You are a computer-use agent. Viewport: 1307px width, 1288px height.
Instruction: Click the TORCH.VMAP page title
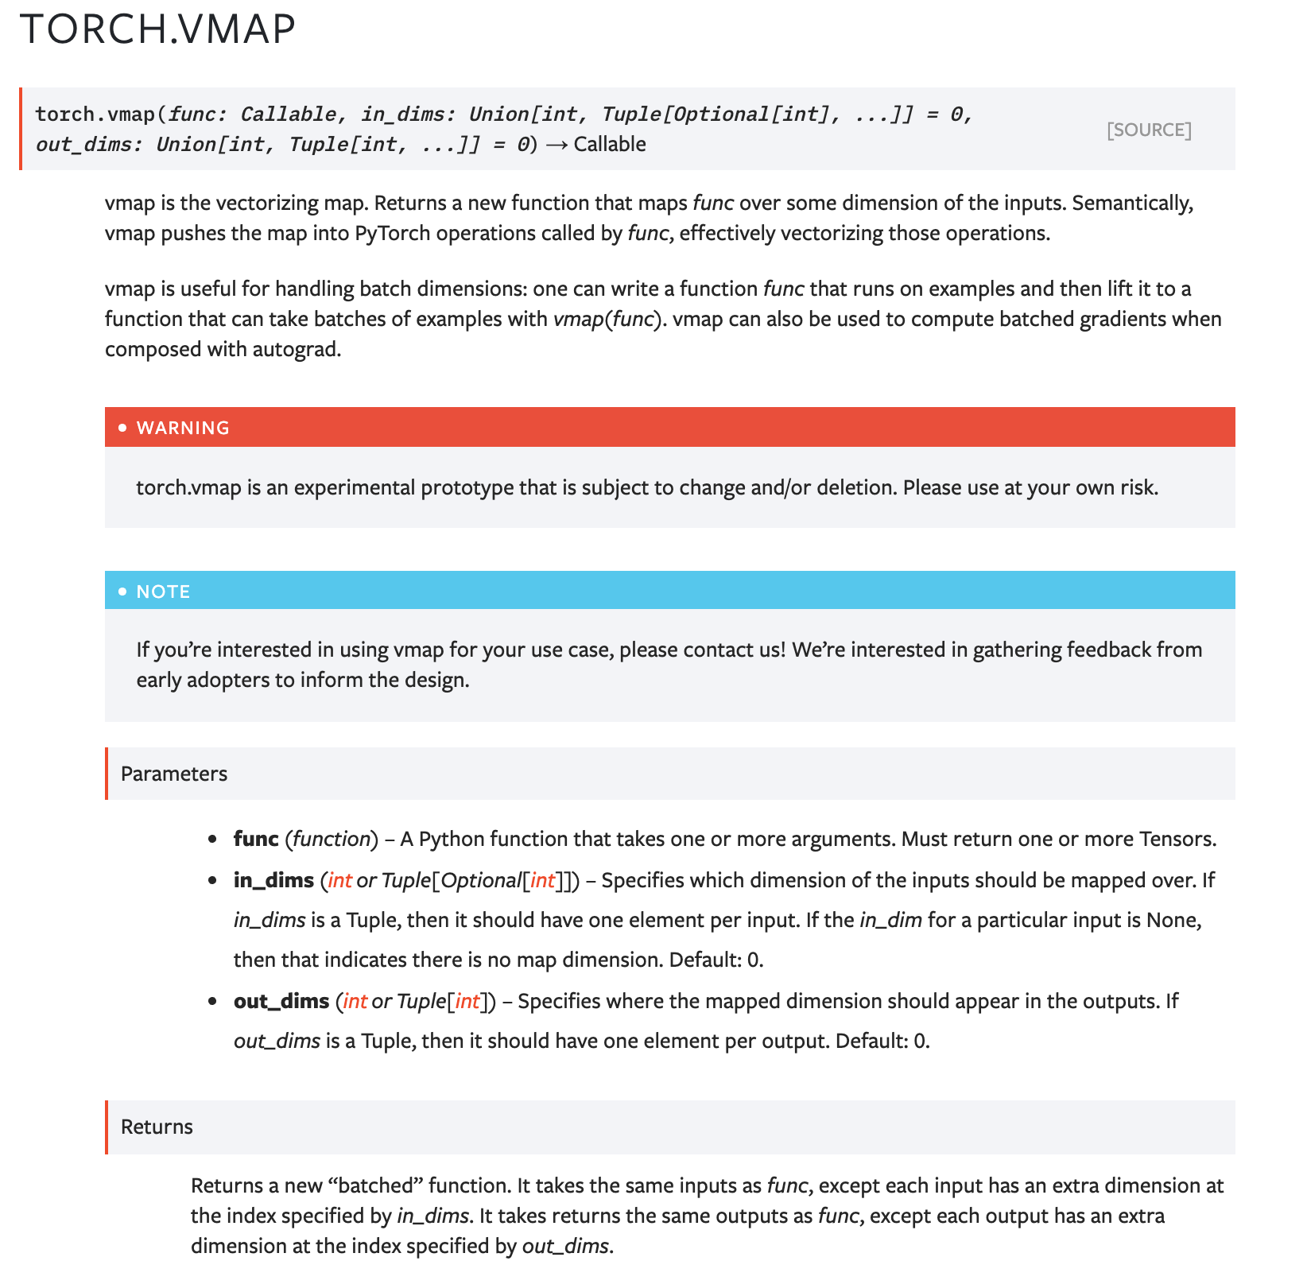157,29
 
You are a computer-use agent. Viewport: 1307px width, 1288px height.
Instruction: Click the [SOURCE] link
1149,130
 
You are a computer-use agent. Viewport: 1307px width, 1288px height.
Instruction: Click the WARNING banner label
183,428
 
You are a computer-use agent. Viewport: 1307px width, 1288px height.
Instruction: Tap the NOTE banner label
163,592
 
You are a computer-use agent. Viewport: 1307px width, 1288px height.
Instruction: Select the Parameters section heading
173,774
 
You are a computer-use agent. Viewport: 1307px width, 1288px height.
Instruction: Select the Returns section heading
157,1127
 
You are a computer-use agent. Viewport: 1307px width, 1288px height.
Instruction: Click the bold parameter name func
255,839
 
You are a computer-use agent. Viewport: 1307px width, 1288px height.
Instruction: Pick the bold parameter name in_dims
273,880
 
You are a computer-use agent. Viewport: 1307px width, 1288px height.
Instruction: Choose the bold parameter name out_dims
281,1001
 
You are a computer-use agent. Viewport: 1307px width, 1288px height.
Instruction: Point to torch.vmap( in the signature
100,114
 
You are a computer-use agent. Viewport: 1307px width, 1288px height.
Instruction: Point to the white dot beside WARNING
122,428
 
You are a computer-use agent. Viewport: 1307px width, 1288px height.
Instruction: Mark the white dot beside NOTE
122,592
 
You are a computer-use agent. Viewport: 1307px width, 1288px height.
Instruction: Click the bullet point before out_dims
212,1001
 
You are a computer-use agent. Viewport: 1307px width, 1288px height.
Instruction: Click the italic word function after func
332,839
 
